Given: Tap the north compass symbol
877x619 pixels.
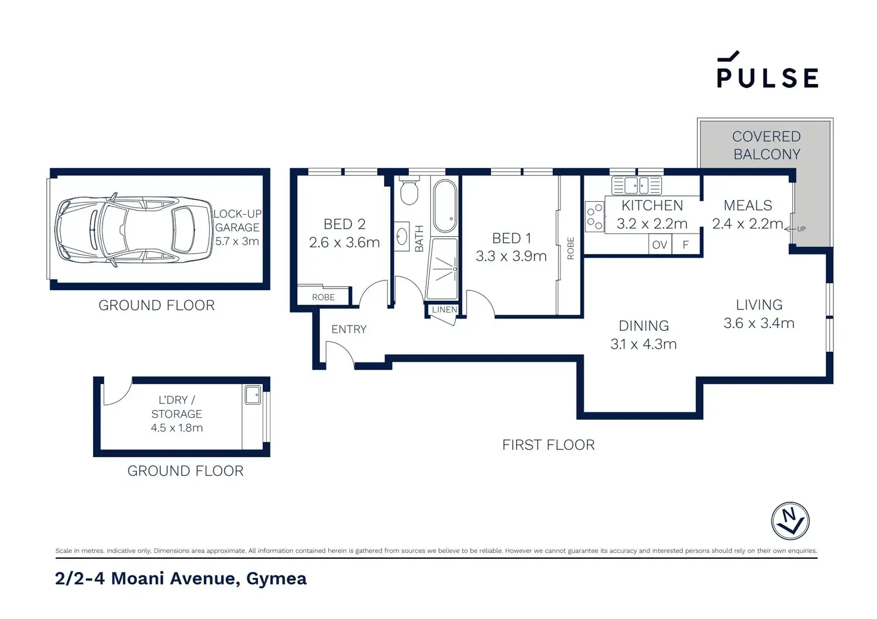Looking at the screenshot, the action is click(x=790, y=521).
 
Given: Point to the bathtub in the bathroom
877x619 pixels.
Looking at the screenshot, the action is click(x=445, y=206).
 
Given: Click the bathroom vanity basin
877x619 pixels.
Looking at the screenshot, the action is click(x=402, y=236).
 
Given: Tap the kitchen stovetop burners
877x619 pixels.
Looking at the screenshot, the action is click(x=595, y=217).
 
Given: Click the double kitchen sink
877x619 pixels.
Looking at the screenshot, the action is click(x=637, y=185).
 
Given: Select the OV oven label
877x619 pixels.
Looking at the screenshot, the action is click(x=660, y=245).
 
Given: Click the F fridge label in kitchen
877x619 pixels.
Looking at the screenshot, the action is click(x=686, y=245).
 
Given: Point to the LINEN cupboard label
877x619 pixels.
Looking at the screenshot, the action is click(x=444, y=309).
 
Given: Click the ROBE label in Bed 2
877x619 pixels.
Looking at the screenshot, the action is click(x=324, y=297).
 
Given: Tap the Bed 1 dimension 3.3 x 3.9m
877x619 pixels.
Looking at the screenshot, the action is click(x=511, y=256).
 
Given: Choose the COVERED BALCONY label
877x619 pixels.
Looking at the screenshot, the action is click(x=767, y=145).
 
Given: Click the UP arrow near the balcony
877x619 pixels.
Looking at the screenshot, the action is click(x=795, y=229).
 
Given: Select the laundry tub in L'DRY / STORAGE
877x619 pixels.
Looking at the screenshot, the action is click(x=253, y=395).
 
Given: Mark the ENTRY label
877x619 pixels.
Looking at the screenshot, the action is click(x=349, y=329).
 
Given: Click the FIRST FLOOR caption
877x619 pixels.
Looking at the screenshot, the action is click(x=548, y=445).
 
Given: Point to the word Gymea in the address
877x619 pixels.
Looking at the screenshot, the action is click(x=276, y=579).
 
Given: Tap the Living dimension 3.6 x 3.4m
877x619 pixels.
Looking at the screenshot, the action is click(x=759, y=323).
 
